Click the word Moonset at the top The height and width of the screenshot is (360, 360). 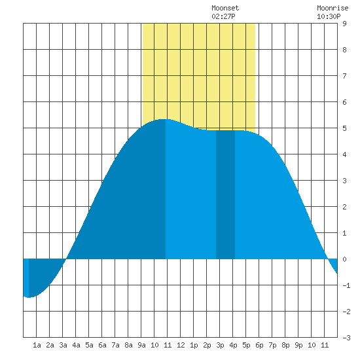click(225, 9)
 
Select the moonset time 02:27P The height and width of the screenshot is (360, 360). click(223, 16)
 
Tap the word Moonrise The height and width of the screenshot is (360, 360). click(333, 9)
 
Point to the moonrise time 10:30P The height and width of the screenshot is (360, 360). click(329, 16)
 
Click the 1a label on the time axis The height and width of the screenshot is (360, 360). click(37, 345)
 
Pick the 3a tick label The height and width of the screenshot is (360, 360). click(63, 345)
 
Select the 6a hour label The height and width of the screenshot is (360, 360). click(102, 345)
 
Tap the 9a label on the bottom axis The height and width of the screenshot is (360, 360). click(141, 345)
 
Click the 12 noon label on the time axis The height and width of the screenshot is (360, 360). click(181, 345)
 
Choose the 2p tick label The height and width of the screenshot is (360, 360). click(207, 345)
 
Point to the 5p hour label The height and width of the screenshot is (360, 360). click(246, 345)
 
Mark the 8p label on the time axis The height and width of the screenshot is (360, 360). click(285, 345)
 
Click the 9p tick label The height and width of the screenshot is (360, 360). click(298, 345)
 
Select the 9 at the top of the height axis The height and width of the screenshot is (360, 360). click(344, 24)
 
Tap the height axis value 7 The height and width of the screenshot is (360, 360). click(344, 76)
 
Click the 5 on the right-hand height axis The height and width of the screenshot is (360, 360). click(344, 128)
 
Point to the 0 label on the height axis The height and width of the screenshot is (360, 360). click(344, 259)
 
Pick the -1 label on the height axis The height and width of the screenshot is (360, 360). click(346, 285)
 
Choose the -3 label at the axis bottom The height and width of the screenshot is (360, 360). click(346, 338)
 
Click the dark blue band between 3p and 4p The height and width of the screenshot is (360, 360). click(225, 194)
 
